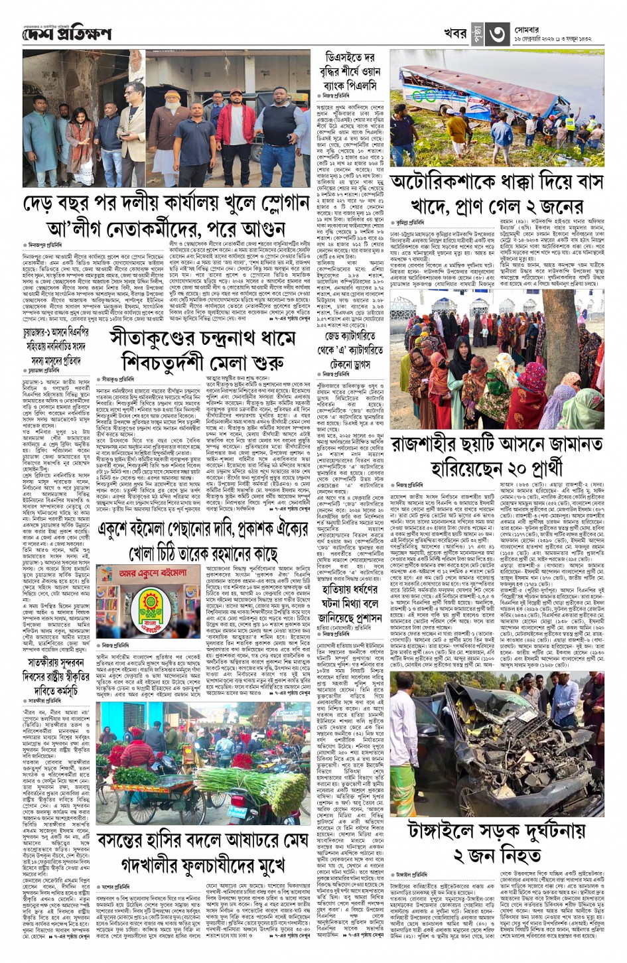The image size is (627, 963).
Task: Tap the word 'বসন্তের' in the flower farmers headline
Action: tap(125, 839)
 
